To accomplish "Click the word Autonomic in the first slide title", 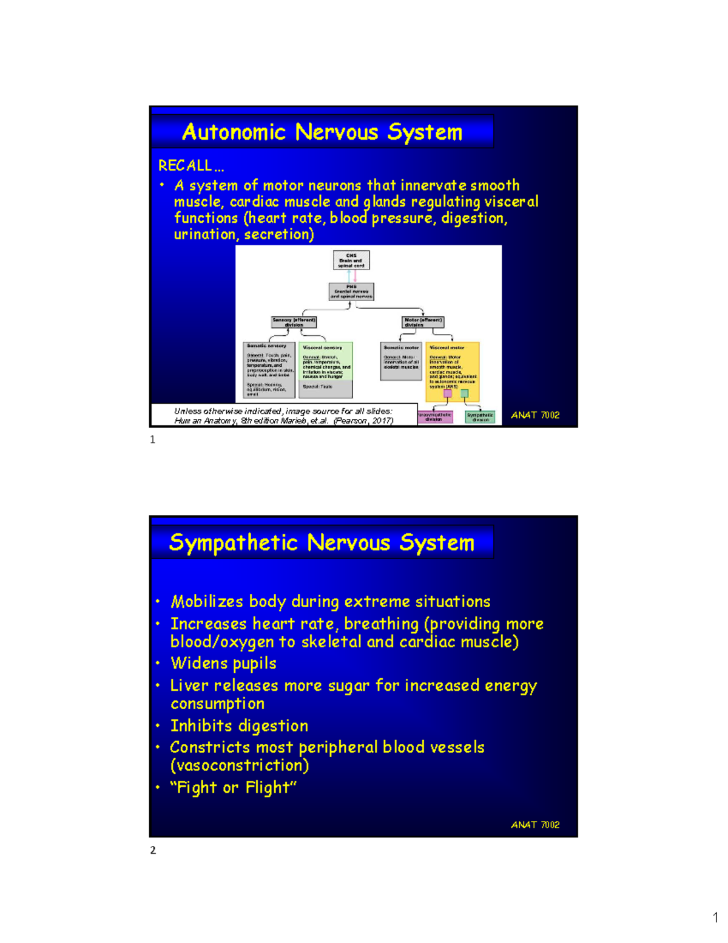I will point(234,132).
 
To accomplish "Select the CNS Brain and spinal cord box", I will point(351,260).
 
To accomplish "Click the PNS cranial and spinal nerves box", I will point(351,291).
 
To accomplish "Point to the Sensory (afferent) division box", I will point(294,322).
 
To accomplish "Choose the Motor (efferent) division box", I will point(423,322).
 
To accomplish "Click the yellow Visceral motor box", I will point(453,370).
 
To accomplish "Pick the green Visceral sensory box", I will point(326,369).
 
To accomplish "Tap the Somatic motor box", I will point(401,361).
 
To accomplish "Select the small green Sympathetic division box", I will point(480,417).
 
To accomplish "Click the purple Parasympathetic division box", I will point(434,417).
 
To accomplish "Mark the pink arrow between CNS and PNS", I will point(355,276).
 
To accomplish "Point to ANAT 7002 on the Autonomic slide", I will point(535,415).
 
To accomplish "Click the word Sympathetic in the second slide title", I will point(234,543).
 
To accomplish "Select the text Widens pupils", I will point(223,664).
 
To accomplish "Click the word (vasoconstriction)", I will point(240,766).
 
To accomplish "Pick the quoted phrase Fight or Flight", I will point(234,788).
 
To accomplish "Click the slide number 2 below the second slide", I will point(153,850).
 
